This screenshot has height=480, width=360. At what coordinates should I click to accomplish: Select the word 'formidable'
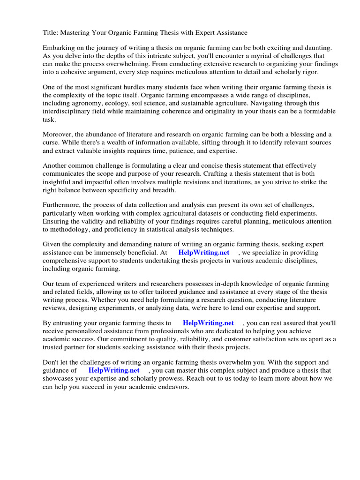(319, 111)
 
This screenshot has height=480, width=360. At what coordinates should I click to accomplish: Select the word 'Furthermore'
(61, 205)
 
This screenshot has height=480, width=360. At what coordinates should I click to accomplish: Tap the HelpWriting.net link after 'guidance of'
(114, 370)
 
